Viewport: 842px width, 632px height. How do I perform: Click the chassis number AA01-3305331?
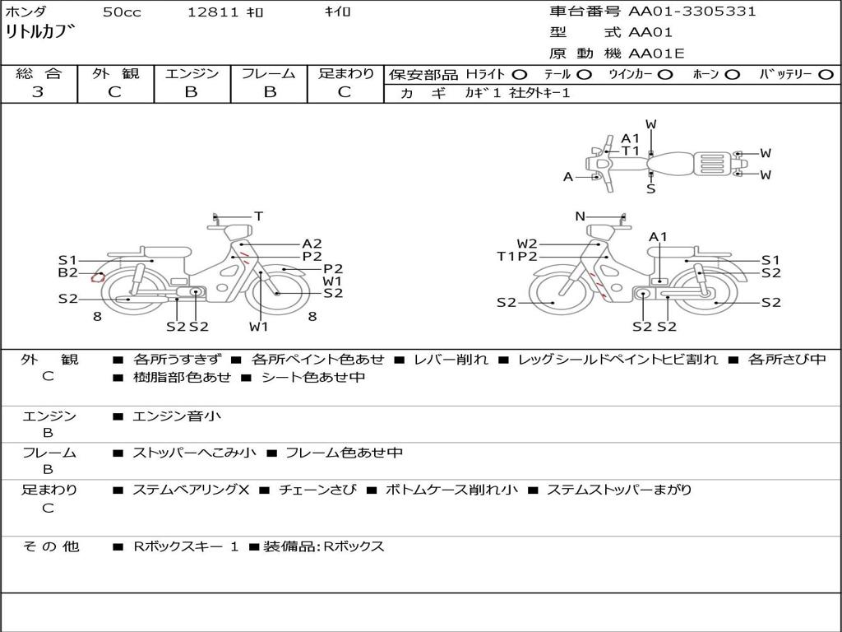click(692, 12)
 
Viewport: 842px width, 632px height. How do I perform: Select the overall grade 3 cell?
click(38, 92)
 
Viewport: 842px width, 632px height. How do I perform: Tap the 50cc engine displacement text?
click(122, 12)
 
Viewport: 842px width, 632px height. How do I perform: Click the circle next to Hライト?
click(520, 75)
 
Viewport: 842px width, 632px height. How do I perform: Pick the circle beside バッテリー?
click(826, 75)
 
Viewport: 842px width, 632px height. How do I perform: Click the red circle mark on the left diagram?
click(97, 277)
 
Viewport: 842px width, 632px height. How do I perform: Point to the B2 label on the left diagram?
click(68, 272)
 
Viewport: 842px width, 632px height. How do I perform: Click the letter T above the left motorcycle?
click(259, 216)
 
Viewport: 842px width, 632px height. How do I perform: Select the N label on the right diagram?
click(580, 216)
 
